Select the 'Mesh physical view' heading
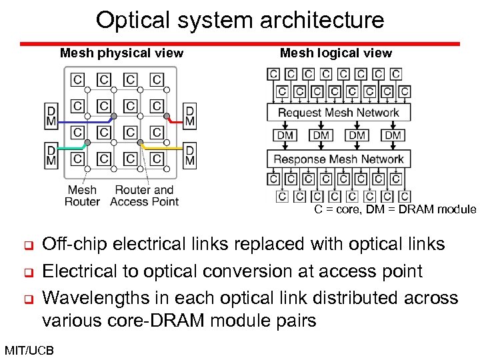(x=121, y=53)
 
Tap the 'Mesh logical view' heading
(x=336, y=53)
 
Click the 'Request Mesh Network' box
(x=339, y=113)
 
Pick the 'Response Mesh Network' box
(x=339, y=159)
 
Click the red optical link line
(x=176, y=121)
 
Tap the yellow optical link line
(x=163, y=147)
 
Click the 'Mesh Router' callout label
(x=82, y=195)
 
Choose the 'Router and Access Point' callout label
(x=144, y=195)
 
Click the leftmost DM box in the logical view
(x=285, y=135)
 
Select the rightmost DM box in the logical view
(x=393, y=135)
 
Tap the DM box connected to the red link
(x=190, y=115)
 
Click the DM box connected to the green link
(x=51, y=155)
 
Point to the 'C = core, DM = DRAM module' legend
(x=395, y=209)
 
